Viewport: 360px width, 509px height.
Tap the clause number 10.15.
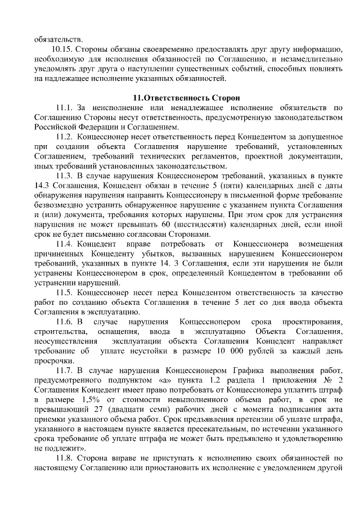62,49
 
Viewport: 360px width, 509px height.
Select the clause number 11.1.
65,107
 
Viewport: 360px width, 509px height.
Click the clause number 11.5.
65,292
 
